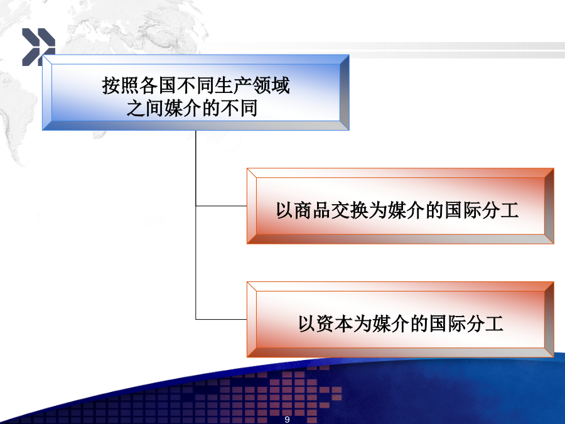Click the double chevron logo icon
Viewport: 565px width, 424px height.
click(38, 47)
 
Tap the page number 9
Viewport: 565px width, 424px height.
click(287, 420)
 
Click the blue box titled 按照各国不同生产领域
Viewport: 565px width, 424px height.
click(196, 93)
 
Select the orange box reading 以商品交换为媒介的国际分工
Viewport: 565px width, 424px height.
click(401, 206)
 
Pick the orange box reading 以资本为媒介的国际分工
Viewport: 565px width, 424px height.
click(401, 320)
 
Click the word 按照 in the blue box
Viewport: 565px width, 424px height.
click(121, 85)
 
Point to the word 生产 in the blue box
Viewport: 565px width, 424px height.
click(233, 85)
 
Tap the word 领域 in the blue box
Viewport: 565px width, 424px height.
click(271, 85)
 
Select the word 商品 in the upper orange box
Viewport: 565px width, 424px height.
click(313, 210)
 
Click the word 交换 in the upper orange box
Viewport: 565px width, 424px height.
click(350, 210)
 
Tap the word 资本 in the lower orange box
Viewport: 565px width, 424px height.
click(335, 323)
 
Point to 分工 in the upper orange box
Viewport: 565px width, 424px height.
click(500, 210)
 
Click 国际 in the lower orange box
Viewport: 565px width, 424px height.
click(448, 323)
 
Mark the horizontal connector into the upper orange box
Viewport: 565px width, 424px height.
click(221, 206)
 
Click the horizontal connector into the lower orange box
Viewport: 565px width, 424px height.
click(221, 320)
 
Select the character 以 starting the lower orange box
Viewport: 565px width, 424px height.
click(307, 323)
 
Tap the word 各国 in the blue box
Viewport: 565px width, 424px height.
click(158, 85)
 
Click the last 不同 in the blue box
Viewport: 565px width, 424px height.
click(239, 108)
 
